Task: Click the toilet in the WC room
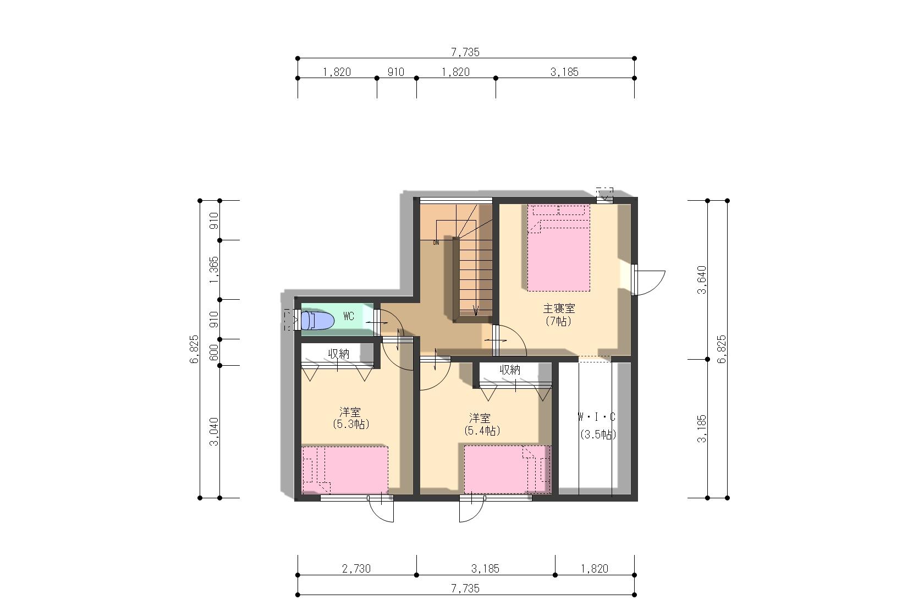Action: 317,321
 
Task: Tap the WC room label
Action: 349,316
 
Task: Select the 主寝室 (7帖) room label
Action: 559,315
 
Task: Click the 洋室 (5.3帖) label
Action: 351,418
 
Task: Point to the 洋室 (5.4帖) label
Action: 482,425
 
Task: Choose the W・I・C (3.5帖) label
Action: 597,426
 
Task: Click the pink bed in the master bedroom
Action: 559,248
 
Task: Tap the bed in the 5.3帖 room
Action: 345,470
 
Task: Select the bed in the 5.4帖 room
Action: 507,469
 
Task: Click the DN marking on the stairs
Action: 436,243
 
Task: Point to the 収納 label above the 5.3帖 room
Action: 339,354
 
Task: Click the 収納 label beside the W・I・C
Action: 510,370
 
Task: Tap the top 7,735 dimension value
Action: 465,52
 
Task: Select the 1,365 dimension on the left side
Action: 214,270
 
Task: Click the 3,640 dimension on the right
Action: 702,280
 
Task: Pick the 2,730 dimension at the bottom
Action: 356,569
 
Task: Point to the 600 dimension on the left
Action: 214,353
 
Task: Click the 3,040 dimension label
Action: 214,432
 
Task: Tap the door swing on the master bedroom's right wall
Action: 648,280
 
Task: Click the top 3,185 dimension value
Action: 565,72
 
